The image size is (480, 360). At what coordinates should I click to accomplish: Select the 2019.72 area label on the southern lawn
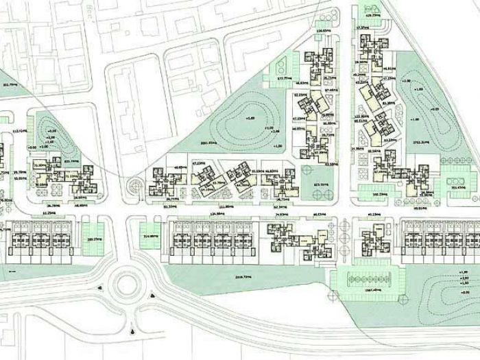[x=243, y=277]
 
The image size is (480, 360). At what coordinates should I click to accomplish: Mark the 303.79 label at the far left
[x=10, y=84]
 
